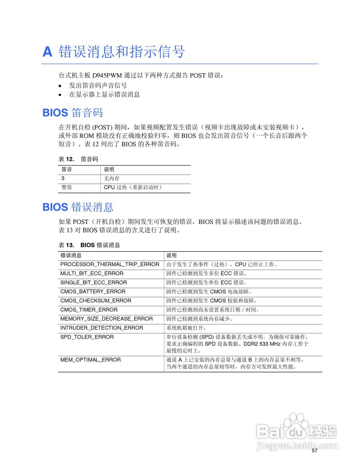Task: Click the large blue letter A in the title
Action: (48, 52)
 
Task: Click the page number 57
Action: (314, 451)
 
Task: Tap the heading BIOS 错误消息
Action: (78, 207)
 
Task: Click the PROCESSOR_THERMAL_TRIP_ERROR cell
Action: (110, 264)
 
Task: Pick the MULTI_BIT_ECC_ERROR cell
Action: (92, 273)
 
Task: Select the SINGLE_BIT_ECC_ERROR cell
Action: (94, 283)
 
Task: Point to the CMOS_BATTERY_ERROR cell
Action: (93, 292)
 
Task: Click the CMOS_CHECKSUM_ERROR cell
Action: (96, 301)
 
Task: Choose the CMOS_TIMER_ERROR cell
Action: (89, 310)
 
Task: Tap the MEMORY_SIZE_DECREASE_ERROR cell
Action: (106, 319)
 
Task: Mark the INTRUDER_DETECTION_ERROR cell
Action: (102, 328)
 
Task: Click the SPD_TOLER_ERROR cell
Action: (87, 337)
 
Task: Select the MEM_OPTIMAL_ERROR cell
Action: (90, 360)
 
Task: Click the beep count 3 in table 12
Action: (63, 178)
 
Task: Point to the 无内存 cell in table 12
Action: (111, 178)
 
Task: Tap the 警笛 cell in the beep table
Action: (67, 187)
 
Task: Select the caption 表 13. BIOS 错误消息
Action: (89, 245)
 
